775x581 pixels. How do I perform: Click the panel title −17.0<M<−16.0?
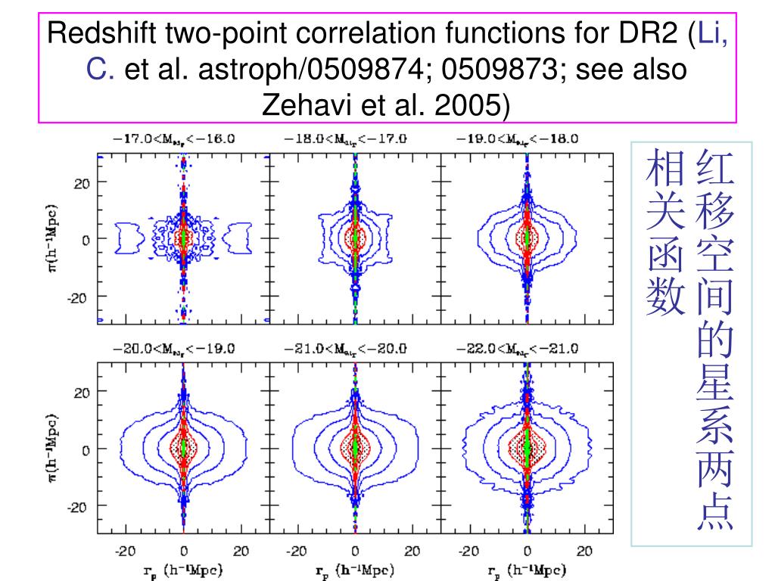coord(174,138)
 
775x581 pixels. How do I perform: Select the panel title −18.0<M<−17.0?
coord(346,138)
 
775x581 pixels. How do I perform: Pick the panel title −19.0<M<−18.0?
coord(518,138)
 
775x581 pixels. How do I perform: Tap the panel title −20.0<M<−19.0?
coord(174,349)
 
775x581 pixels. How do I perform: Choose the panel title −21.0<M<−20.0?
coord(346,349)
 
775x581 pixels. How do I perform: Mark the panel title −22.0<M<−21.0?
coord(518,349)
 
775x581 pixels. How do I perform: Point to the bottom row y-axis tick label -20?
coord(79,507)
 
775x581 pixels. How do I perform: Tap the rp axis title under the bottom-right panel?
coord(527,570)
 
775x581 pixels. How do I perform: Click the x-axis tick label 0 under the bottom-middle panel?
coord(355,551)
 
